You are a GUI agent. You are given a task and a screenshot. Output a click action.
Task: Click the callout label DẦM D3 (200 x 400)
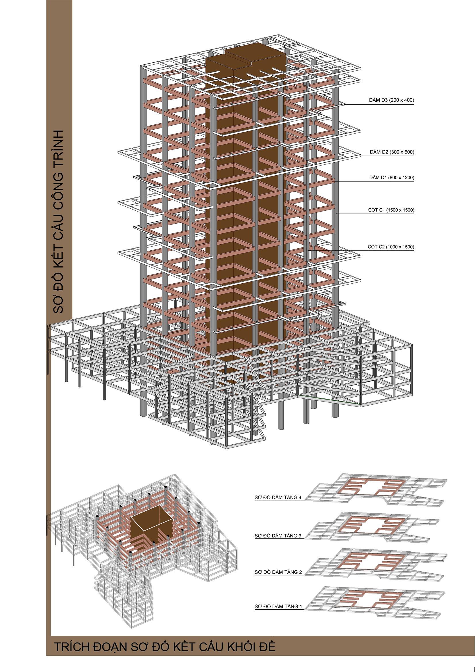[391, 100]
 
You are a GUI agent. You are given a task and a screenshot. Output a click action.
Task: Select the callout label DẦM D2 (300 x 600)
[392, 152]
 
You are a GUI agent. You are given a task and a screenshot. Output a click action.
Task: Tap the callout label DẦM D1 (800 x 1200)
[392, 178]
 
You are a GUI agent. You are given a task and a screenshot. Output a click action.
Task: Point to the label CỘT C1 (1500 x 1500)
[391, 210]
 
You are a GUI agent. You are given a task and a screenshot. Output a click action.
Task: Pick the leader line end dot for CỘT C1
[337, 214]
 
